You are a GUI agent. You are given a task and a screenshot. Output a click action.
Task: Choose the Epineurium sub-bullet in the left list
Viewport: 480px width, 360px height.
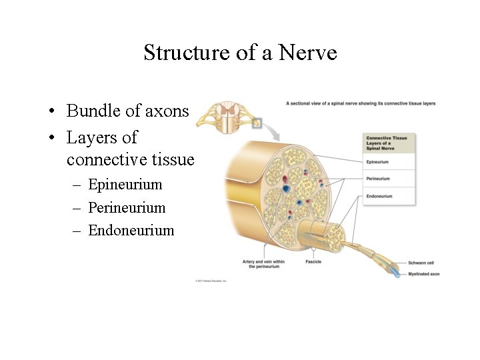(125, 184)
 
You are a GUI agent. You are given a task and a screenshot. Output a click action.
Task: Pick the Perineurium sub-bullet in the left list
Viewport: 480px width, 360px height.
(127, 207)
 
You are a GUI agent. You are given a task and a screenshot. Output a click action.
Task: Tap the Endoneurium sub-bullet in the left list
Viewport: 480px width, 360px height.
(131, 231)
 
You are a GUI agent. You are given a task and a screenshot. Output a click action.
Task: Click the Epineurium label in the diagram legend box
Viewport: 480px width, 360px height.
(378, 162)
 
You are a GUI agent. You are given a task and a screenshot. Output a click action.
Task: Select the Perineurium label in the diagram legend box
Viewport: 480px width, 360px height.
(378, 179)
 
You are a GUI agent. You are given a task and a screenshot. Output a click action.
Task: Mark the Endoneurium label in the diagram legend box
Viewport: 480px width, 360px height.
(379, 196)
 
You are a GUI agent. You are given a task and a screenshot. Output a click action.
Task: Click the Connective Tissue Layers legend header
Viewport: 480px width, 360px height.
(387, 143)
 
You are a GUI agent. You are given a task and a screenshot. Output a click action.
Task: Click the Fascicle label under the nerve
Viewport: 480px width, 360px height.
(313, 262)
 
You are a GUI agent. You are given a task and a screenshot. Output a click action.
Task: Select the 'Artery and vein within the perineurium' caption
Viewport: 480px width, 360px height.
(263, 264)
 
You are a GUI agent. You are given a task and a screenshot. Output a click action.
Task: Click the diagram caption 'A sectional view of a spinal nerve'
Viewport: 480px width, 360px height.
(360, 103)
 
